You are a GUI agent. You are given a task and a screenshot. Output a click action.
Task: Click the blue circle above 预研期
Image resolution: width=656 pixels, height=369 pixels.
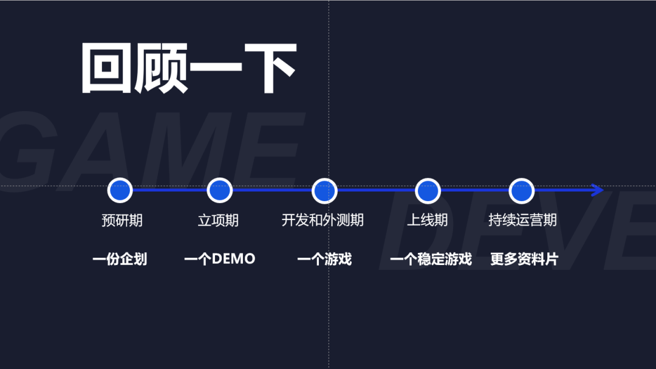pos(120,190)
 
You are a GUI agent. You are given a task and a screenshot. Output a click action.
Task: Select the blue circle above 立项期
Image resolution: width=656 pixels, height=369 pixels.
pos(219,190)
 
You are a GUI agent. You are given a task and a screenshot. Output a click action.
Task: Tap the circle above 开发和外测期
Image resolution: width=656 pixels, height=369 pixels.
pos(324,190)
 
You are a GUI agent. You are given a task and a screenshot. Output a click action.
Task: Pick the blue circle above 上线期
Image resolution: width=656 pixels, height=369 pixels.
pos(428,190)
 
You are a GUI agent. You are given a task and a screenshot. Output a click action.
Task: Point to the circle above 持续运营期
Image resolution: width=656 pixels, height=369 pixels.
pos(521,190)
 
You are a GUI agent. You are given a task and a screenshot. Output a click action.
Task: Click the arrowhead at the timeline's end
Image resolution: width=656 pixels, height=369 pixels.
pos(597,190)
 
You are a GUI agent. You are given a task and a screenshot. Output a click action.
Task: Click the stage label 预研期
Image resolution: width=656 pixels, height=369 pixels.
pos(121,220)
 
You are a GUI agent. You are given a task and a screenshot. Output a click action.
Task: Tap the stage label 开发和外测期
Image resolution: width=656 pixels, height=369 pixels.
pos(323,220)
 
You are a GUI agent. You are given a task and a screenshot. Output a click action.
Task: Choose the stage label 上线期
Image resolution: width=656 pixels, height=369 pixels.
pos(427,220)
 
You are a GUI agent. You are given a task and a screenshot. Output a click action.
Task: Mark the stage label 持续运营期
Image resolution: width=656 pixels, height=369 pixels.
pos(522,220)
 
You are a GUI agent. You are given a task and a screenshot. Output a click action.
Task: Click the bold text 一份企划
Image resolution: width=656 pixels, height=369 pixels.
pos(120,260)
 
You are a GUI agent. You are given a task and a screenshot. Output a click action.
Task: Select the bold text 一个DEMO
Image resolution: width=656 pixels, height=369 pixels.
pos(219,260)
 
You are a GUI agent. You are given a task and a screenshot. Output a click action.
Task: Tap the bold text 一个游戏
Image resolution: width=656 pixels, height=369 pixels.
pos(324,260)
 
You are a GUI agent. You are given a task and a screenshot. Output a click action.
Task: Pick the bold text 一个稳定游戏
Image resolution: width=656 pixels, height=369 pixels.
pos(431,260)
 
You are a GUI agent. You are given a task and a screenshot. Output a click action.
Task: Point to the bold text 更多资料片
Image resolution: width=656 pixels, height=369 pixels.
pos(524,260)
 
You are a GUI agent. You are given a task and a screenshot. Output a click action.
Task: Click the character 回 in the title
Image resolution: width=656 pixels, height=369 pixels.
pos(106,68)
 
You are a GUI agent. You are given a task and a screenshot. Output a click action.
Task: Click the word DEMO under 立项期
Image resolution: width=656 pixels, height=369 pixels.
pos(233,260)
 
